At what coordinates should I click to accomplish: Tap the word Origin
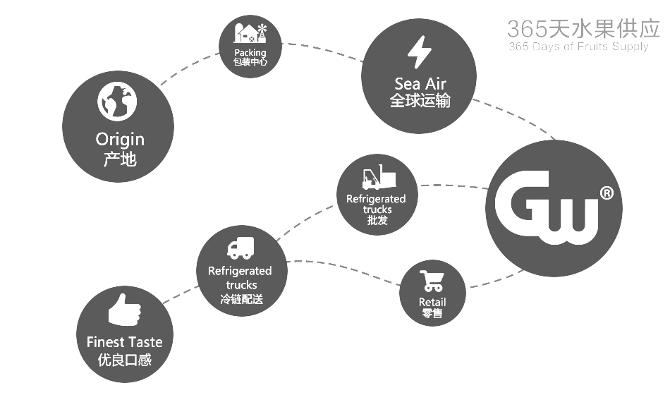pos(119,139)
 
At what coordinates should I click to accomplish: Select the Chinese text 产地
pos(119,159)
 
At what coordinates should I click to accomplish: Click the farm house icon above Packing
pos(250,33)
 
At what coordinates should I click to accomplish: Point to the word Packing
pos(250,52)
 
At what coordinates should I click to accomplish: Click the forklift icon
pos(376,178)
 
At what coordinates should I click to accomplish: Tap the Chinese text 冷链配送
pos(240,299)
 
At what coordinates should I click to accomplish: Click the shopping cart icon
pos(432,281)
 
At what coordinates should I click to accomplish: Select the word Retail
pos(432,302)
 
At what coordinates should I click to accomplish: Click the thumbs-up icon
pos(124,311)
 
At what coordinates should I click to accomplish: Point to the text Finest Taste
pos(124,342)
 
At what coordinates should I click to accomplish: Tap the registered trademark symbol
pos(606,193)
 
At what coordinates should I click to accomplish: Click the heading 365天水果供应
pos(583,28)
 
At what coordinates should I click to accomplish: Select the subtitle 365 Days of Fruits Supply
pos(578,47)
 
